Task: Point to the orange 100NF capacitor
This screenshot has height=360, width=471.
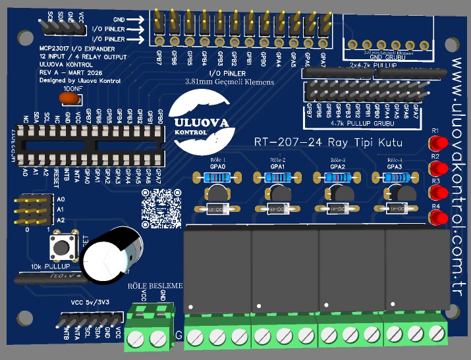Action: point(70,98)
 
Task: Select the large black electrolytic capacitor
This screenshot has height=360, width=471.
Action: point(113,253)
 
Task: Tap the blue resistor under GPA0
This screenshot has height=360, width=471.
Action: point(217,176)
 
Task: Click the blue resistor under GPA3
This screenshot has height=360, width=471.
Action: point(395,176)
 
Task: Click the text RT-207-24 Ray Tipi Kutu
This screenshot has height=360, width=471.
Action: point(328,143)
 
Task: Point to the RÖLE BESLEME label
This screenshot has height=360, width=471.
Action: point(155,286)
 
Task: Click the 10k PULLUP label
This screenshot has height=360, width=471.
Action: point(50,268)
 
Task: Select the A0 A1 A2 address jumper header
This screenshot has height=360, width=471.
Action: point(37,209)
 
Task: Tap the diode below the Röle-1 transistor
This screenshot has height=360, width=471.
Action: point(217,209)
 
